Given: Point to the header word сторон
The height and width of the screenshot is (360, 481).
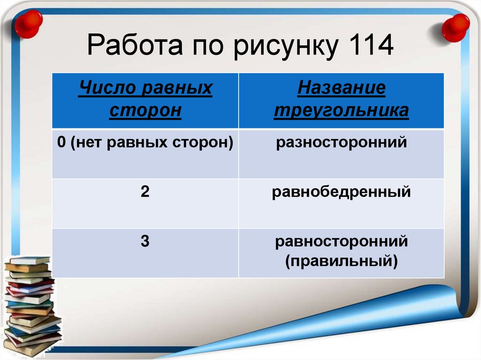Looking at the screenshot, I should point(145,111).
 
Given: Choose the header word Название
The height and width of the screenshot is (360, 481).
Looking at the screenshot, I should point(341,88).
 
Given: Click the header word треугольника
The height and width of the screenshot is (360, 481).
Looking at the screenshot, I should point(341,111).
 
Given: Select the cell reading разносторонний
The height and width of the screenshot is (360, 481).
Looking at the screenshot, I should point(341,142).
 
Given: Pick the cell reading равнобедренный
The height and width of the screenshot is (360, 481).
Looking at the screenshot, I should point(341,192).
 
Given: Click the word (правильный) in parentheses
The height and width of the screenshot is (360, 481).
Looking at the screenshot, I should point(341,260).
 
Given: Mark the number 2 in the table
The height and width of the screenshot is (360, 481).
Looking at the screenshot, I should point(145,192).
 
